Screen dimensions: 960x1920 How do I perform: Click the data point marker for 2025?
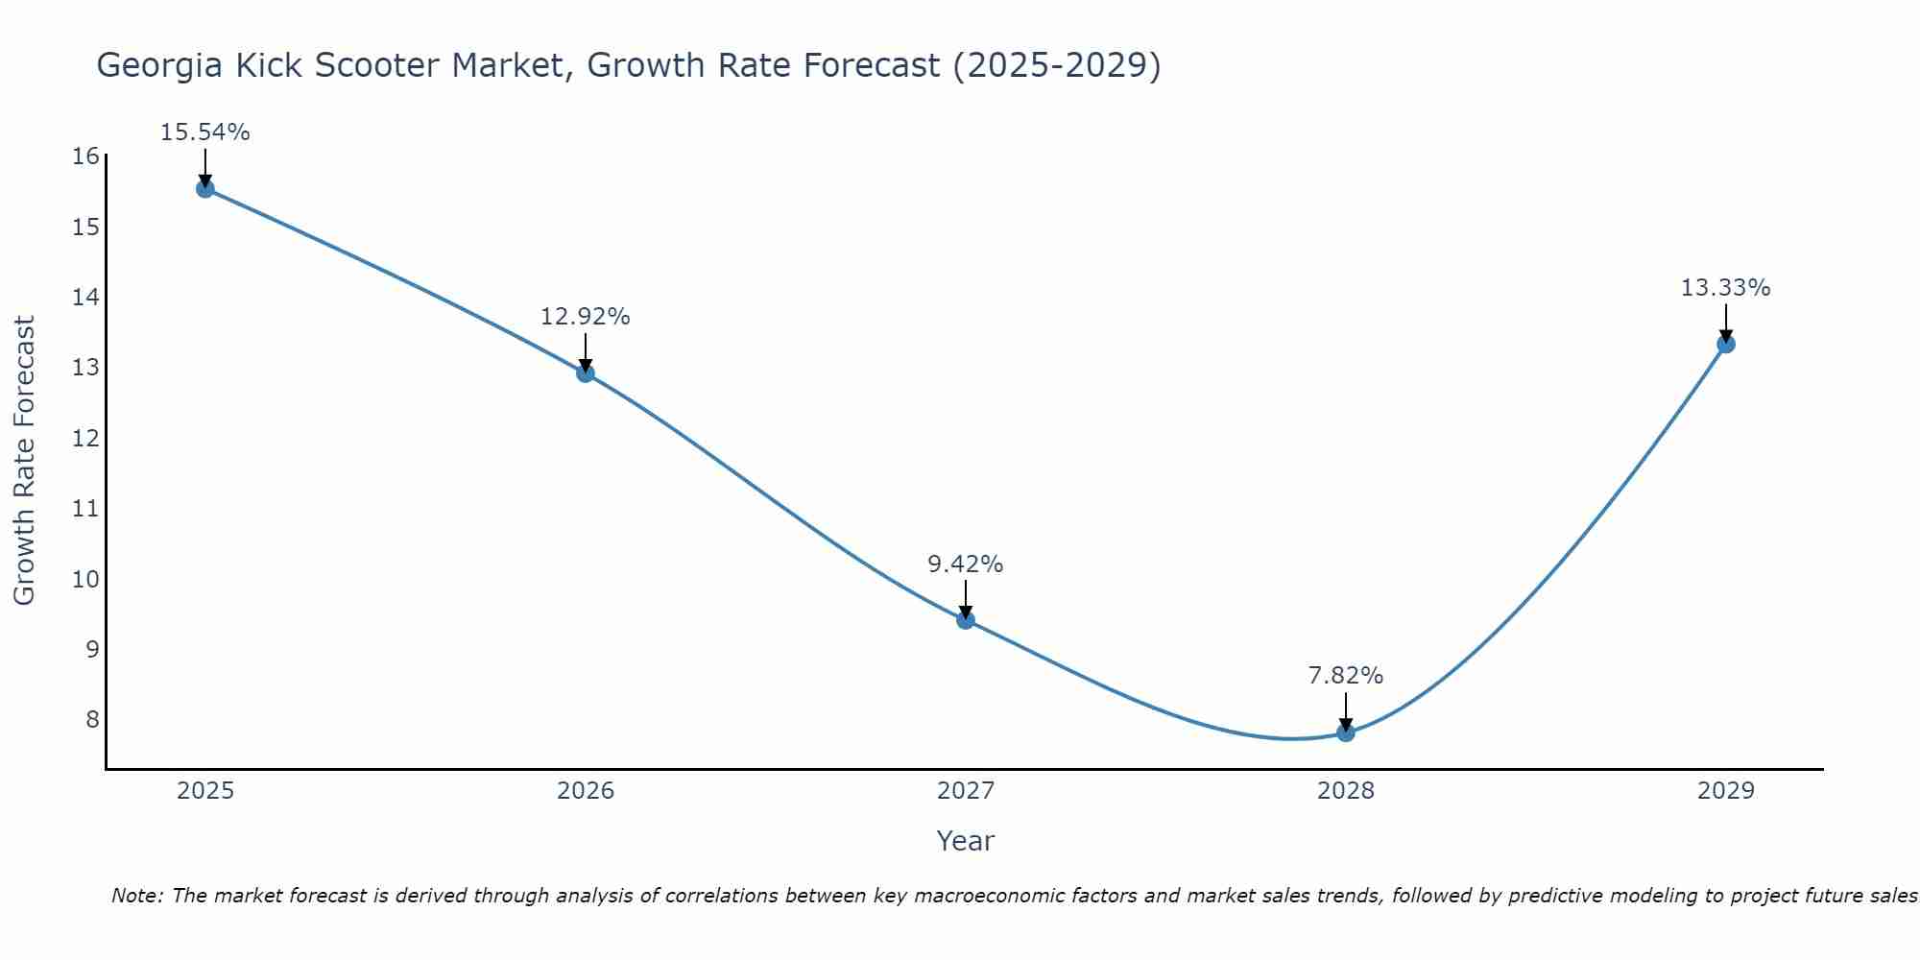point(204,188)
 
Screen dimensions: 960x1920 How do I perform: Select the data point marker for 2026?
point(586,372)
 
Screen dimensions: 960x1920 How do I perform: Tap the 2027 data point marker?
point(966,619)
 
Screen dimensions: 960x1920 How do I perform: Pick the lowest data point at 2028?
point(1346,732)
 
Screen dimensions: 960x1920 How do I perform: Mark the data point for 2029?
point(1725,344)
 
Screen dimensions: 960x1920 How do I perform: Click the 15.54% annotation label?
point(204,132)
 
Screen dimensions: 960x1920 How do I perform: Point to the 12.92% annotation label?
point(585,317)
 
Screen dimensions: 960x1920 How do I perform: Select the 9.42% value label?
point(965,564)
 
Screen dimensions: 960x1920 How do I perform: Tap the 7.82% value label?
point(1346,676)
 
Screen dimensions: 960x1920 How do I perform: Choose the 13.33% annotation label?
point(1725,288)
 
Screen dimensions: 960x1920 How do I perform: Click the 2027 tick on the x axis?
point(966,791)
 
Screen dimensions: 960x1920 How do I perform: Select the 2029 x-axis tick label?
point(1725,791)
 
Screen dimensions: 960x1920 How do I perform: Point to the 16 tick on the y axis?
point(85,156)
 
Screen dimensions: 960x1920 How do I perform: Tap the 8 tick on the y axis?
point(92,719)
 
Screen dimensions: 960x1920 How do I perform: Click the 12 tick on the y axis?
point(85,438)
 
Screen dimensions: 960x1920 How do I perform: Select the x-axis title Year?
point(965,841)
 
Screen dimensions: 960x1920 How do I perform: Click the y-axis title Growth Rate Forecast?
point(24,461)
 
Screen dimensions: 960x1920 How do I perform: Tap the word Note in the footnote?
point(137,896)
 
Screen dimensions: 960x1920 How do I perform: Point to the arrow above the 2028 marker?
point(1346,711)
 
